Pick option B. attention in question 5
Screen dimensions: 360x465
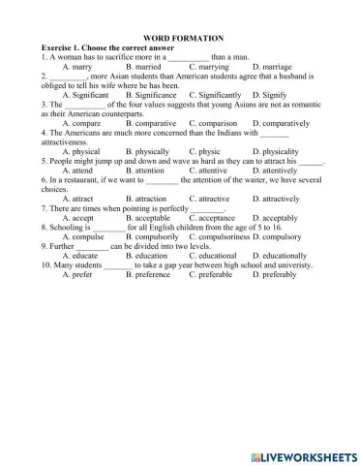pyautogui.click(x=149, y=170)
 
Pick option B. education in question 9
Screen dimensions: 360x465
pyautogui.click(x=149, y=256)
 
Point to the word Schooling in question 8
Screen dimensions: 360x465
pyautogui.click(x=65, y=227)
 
